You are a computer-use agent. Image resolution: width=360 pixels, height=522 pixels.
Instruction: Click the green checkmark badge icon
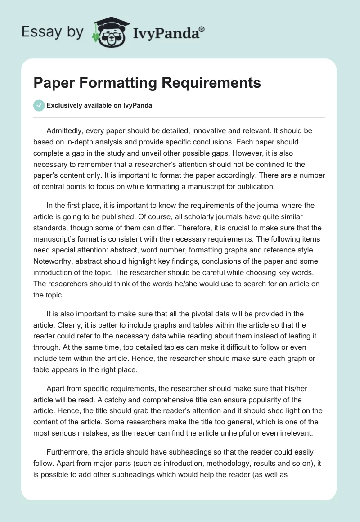pyautogui.click(x=39, y=105)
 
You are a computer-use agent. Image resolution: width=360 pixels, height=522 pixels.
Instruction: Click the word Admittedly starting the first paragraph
pyautogui.click(x=67, y=130)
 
